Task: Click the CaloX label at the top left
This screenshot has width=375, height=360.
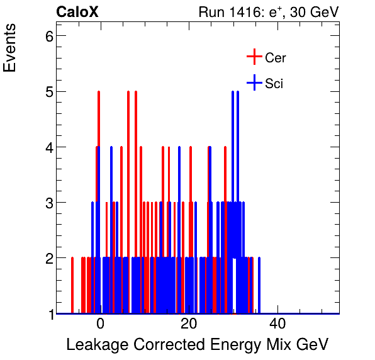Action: tap(77, 12)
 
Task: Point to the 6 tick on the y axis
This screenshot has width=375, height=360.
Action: tap(46, 36)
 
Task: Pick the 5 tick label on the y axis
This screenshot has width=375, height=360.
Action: tap(46, 92)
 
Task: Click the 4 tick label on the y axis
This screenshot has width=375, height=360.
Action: tap(46, 147)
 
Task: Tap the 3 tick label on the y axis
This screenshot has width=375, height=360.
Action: tap(46, 203)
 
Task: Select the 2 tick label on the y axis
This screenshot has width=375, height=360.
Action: tap(46, 258)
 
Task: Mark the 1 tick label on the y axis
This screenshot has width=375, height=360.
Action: tap(46, 314)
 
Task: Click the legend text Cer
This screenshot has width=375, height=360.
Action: tap(276, 58)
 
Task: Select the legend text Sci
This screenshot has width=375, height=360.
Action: tap(274, 83)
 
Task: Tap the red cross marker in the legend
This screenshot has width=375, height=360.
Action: tap(254, 57)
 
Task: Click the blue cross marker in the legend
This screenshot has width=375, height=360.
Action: tap(254, 82)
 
